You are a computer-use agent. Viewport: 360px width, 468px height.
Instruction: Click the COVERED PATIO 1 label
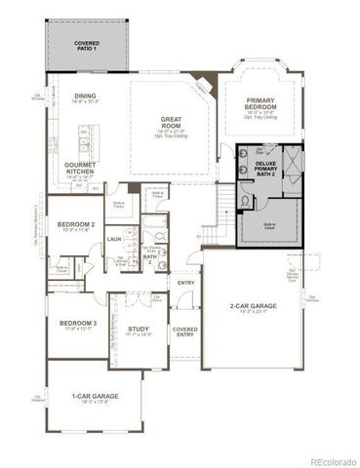pos(88,46)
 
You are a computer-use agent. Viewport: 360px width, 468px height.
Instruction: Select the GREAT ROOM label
pos(173,122)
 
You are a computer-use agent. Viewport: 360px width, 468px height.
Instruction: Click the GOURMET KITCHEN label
pos(81,168)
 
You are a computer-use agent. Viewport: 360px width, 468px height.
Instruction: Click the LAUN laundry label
pos(114,239)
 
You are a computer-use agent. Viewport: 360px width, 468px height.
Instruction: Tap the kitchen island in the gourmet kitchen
pos(84,147)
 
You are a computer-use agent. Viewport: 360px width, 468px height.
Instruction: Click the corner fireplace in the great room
pos(200,85)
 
